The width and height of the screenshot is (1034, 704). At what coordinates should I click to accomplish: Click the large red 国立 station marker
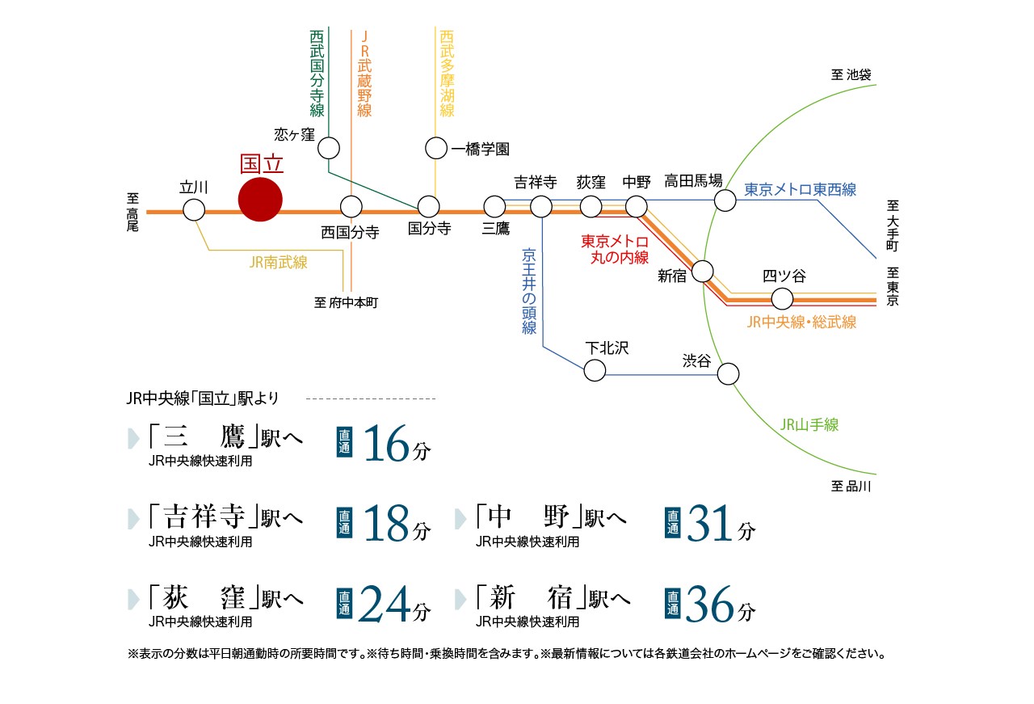click(260, 200)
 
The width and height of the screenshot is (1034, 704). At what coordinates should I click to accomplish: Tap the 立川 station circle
click(194, 210)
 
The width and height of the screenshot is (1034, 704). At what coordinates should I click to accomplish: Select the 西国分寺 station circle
click(351, 206)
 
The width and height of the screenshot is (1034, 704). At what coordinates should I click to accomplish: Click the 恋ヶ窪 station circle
click(329, 148)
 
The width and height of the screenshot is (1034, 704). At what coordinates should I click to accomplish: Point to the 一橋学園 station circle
click(436, 148)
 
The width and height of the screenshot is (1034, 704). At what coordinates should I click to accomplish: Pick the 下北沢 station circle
click(595, 370)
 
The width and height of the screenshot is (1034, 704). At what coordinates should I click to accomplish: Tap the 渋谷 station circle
click(729, 373)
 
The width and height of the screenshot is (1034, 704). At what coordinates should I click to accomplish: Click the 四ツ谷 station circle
click(783, 298)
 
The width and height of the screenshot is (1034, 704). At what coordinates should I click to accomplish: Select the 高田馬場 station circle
click(725, 200)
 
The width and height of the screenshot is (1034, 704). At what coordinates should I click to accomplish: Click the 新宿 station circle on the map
click(703, 271)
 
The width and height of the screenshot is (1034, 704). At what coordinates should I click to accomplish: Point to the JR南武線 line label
click(279, 263)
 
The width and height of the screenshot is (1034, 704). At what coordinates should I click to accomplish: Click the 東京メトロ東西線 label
click(800, 189)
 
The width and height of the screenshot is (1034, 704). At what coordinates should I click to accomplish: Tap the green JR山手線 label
click(809, 424)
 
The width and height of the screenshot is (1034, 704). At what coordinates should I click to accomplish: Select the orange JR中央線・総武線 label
click(801, 322)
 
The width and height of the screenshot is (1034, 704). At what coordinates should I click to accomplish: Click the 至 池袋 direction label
click(851, 74)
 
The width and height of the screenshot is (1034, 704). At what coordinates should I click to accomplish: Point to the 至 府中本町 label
click(347, 302)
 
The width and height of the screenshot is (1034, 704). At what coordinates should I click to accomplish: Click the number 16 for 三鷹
click(387, 444)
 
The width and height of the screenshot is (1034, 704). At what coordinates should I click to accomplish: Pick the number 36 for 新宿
click(709, 604)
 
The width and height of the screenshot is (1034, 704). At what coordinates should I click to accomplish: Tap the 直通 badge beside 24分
click(344, 604)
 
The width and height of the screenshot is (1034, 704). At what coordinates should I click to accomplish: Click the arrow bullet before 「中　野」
click(460, 519)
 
